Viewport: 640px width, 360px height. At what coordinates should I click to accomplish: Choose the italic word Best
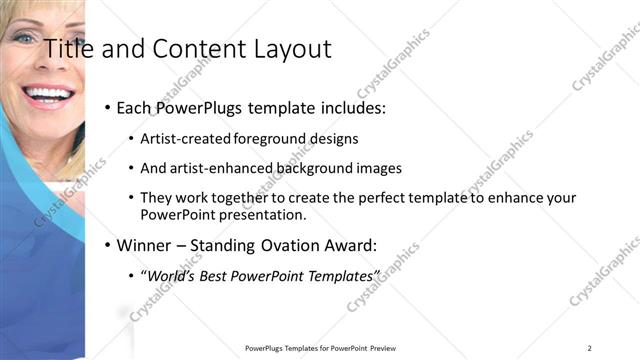(x=217, y=275)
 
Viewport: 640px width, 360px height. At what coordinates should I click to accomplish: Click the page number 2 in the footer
(x=590, y=348)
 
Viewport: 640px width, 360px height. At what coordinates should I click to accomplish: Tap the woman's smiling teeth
(x=48, y=96)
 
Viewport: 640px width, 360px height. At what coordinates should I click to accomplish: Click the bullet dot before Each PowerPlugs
(x=108, y=107)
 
